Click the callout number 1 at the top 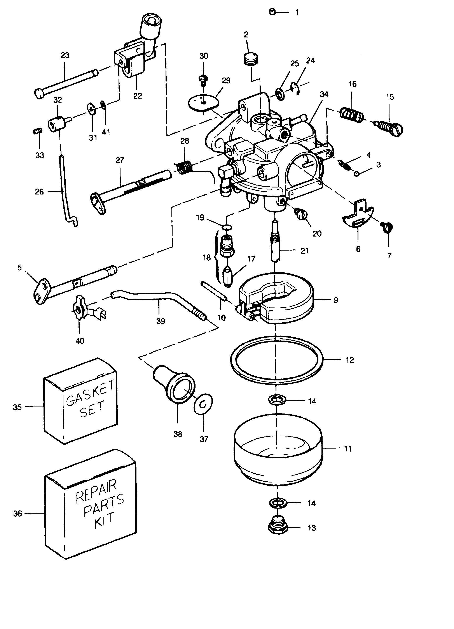[297, 12]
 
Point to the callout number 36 [17, 514]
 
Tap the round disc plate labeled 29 [204, 103]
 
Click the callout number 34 [324, 94]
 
